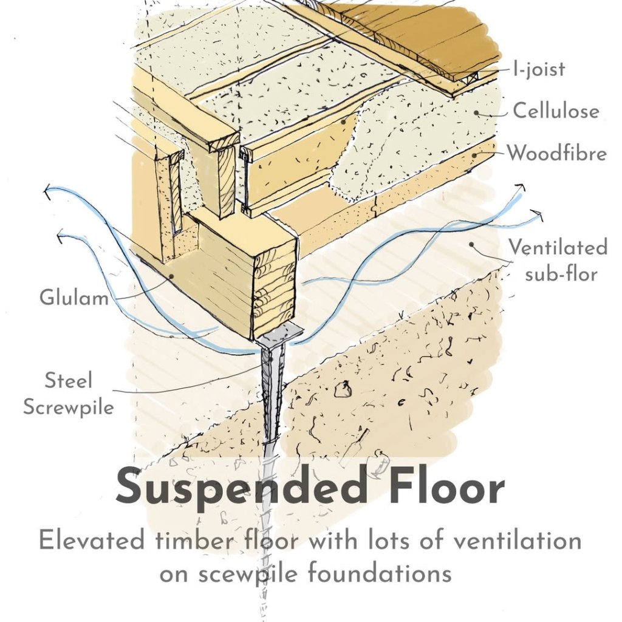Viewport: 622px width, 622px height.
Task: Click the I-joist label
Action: point(539,69)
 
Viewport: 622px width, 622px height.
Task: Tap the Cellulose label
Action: point(556,111)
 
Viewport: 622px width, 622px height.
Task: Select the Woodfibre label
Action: point(557,153)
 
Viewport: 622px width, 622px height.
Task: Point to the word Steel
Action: point(68,380)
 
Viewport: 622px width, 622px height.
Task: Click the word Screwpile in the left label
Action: point(69,408)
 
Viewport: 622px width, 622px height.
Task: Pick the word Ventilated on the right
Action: point(558,247)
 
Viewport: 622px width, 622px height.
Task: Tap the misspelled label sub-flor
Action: point(561,274)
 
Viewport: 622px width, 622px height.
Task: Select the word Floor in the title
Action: point(446,485)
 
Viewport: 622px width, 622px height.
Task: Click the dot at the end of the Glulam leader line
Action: point(171,275)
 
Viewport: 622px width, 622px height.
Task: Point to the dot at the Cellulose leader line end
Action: point(476,113)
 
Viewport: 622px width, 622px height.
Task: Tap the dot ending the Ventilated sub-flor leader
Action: point(472,244)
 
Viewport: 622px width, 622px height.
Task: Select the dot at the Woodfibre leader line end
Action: point(474,155)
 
